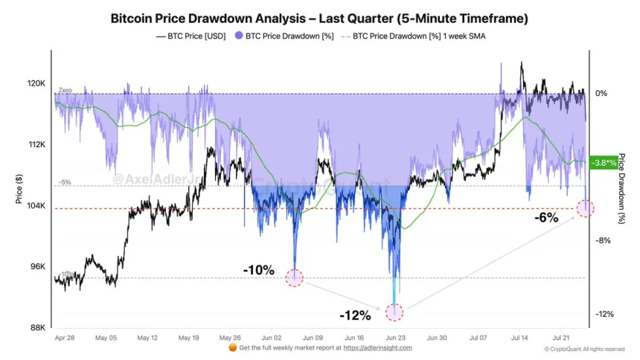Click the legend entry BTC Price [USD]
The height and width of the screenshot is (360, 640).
[191, 35]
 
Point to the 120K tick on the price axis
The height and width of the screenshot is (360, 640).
[36, 84]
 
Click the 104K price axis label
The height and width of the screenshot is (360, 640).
[36, 206]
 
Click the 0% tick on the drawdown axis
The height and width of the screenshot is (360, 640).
[601, 94]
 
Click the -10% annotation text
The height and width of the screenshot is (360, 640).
[258, 269]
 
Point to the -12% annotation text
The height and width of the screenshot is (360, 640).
[355, 315]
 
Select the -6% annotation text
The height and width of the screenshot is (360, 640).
[545, 217]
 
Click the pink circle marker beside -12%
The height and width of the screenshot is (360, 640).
[394, 312]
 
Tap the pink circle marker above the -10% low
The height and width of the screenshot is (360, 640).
[295, 278]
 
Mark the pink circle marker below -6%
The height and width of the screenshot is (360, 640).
[586, 208]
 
